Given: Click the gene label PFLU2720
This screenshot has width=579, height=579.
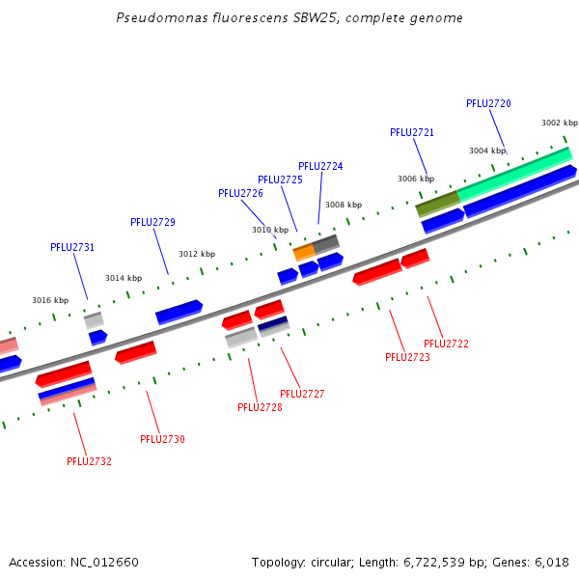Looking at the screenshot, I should (488, 103).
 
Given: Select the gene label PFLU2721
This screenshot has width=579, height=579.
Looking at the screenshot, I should (412, 132).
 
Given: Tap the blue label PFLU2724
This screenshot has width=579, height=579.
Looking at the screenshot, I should (320, 166).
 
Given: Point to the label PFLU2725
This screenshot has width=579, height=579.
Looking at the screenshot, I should (280, 179).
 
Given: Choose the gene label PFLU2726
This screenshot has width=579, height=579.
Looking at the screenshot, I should (240, 193).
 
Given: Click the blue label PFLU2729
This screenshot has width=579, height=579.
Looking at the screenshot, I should (152, 222).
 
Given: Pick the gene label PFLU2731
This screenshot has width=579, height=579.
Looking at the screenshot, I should (72, 247).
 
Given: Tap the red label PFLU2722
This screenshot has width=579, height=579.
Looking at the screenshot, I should (446, 344).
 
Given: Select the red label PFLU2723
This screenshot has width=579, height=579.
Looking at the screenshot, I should (407, 357).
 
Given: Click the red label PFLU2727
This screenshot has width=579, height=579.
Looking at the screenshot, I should (302, 394).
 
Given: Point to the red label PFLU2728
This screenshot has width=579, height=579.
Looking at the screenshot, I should (260, 407).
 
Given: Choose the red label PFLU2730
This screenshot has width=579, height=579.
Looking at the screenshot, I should (162, 439).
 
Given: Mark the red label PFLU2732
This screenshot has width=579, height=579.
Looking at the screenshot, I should (89, 461).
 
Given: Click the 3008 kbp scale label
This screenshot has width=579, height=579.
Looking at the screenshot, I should (344, 205).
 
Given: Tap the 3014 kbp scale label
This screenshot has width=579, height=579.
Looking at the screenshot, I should (124, 278).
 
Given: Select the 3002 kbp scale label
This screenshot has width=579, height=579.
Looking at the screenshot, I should (559, 123).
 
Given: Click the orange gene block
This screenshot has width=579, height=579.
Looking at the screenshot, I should (303, 252).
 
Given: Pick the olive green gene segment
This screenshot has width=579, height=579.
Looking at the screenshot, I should (437, 204).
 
